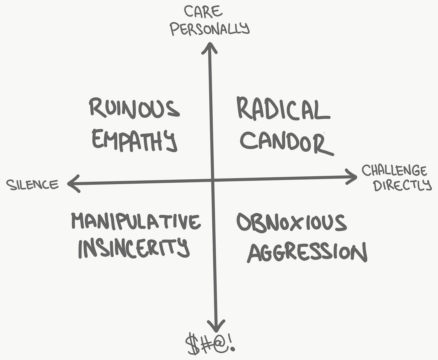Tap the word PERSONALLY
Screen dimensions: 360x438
pyautogui.click(x=210, y=29)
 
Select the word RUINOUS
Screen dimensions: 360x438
pyautogui.click(x=134, y=108)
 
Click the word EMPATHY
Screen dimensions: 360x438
pyautogui.click(x=134, y=140)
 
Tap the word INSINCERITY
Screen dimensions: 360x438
pyautogui.click(x=134, y=247)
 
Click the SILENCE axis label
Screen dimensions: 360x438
pyautogui.click(x=32, y=185)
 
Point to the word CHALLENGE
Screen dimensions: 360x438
pyautogui.click(x=394, y=170)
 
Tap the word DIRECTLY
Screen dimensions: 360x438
pyautogui.click(x=402, y=185)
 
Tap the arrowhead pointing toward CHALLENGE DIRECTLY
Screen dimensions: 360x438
pyautogui.click(x=351, y=177)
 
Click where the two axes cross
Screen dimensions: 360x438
pyautogui.click(x=213, y=180)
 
